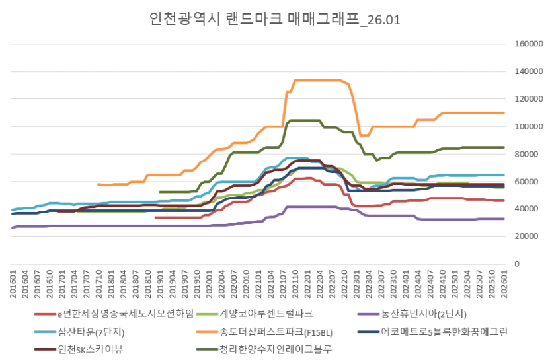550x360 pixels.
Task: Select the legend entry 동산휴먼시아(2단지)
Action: tap(422, 313)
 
